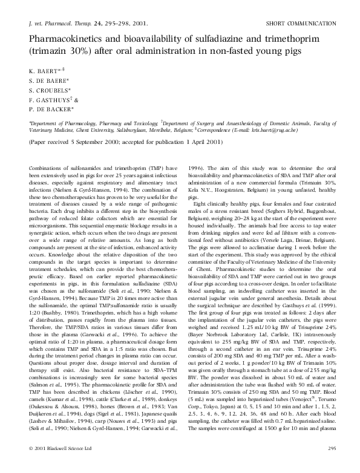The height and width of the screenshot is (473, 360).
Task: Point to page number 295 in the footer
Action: (331, 465)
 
